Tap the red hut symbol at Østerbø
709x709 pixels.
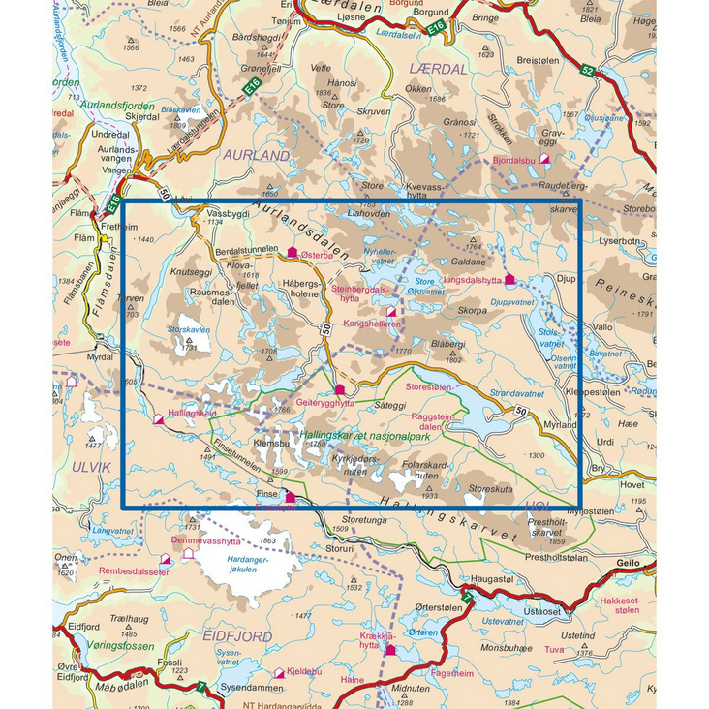(293, 252)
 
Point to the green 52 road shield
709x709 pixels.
(588, 72)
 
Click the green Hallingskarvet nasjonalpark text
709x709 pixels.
(365, 438)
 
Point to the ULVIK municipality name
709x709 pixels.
(84, 467)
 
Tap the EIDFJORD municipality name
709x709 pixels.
(237, 635)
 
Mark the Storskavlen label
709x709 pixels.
(189, 330)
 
